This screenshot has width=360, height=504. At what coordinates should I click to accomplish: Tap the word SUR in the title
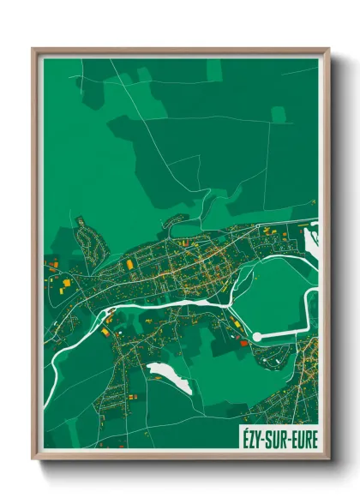pyautogui.click(x=277, y=439)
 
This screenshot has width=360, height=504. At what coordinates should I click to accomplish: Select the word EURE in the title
pyautogui.click(x=304, y=439)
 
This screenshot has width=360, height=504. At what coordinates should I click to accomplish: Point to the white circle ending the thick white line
pyautogui.click(x=256, y=337)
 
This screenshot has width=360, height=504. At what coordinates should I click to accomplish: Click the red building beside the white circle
pyautogui.click(x=243, y=342)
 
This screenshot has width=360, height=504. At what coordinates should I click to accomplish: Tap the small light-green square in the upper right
pyautogui.click(x=278, y=114)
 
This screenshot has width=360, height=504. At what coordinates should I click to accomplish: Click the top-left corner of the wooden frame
pyautogui.click(x=33, y=49)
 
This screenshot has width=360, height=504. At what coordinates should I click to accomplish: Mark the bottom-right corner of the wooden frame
pyautogui.click(x=328, y=461)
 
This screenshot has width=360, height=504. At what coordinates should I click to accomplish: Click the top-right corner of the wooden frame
pyautogui.click(x=328, y=49)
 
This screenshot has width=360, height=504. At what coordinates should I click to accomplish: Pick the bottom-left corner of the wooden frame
pyautogui.click(x=33, y=461)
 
